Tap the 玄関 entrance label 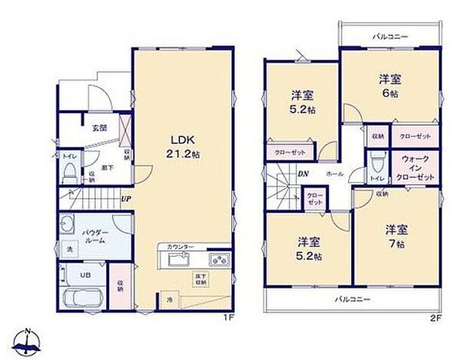(99, 128)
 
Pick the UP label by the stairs (126, 200)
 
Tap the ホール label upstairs (334, 175)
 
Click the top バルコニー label (389, 36)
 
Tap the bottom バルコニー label (353, 299)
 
